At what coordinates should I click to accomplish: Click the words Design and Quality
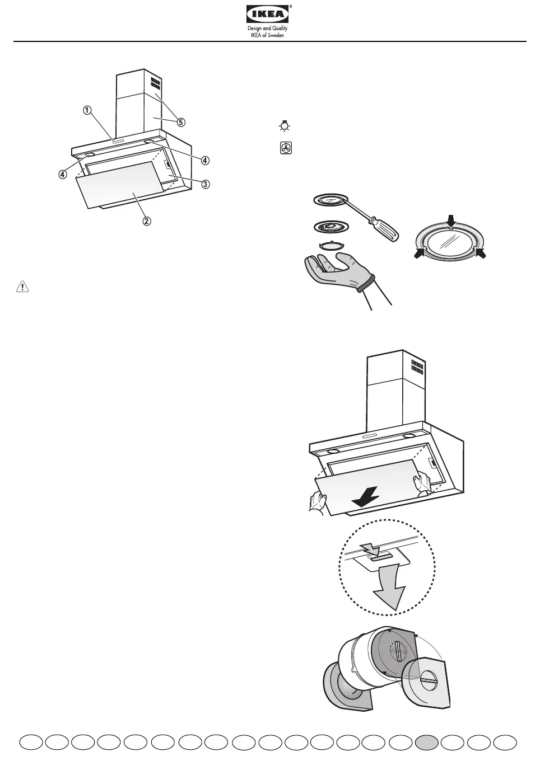coord(268,29)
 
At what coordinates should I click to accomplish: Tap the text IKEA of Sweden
coord(268,35)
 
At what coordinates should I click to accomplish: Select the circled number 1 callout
coord(87,110)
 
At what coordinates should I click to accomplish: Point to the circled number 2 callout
coord(146,220)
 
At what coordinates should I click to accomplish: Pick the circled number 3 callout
coord(206,184)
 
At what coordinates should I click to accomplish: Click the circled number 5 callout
coord(181,121)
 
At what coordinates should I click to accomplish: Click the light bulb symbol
coord(285,126)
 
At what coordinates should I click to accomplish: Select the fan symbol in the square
coord(286,148)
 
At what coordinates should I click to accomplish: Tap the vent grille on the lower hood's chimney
coord(416,368)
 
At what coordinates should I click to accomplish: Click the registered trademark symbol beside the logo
coord(291,7)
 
